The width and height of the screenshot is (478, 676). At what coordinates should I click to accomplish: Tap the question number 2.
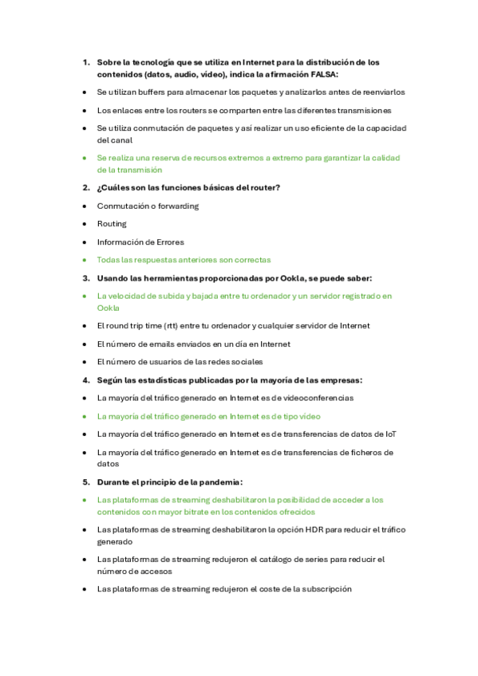click(x=85, y=187)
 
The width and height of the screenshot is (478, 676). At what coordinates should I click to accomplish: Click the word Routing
click(x=112, y=224)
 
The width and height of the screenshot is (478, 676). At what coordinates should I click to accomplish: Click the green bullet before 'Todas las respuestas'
click(x=85, y=260)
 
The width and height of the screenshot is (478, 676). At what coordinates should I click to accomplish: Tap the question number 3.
click(x=85, y=278)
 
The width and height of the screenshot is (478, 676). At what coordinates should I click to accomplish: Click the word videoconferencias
click(x=309, y=397)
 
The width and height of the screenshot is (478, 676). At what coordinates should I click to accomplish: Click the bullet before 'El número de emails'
click(x=85, y=344)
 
